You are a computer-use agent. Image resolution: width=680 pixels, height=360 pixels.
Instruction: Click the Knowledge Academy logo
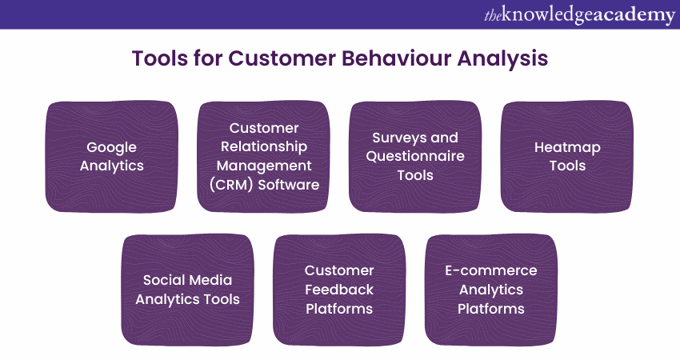578,15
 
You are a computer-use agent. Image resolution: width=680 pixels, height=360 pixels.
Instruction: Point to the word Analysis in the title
504,58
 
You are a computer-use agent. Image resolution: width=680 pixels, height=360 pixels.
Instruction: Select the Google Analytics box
111,157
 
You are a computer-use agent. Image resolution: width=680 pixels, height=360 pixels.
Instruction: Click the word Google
111,147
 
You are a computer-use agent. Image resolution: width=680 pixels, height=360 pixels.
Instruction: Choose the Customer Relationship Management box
263,157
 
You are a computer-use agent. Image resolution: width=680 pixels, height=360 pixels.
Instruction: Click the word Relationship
263,147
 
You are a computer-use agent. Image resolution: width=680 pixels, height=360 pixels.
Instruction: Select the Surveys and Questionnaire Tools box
415,157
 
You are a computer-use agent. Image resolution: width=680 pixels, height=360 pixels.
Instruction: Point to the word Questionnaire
415,156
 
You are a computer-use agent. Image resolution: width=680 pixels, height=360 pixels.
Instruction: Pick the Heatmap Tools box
566,157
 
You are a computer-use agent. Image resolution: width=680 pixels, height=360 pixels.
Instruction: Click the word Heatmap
566,147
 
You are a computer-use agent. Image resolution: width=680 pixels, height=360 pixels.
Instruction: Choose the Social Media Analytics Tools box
187,290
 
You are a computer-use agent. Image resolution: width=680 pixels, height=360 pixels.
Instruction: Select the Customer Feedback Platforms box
339,290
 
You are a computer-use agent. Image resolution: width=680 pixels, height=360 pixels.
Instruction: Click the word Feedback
339,290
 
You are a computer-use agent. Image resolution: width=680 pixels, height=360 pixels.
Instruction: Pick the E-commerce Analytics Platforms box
490,290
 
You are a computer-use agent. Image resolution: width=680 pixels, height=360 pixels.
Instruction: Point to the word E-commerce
490,270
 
